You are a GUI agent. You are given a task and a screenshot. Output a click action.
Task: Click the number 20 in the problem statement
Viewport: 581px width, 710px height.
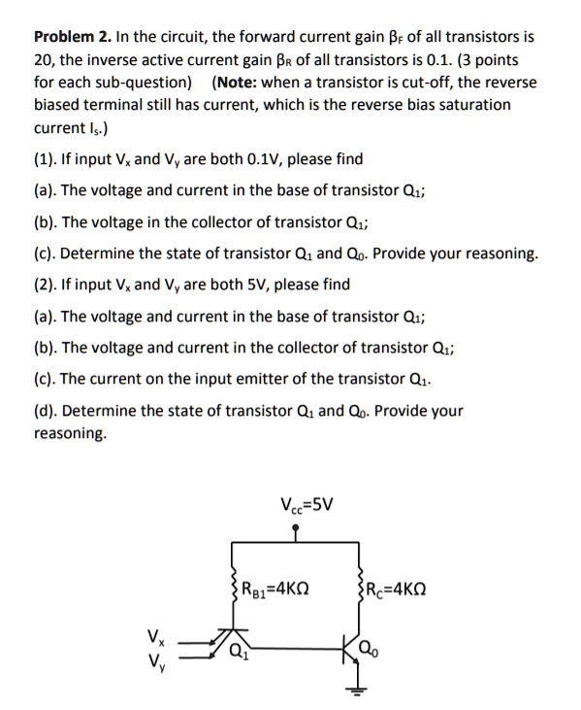pyautogui.click(x=44, y=60)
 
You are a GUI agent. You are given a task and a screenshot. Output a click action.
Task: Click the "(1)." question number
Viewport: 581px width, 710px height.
pyautogui.click(x=45, y=159)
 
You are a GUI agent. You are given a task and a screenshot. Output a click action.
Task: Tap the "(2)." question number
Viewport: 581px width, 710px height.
pyautogui.click(x=45, y=285)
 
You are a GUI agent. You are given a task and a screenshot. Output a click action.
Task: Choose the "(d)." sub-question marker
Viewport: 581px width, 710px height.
pyautogui.click(x=46, y=411)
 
